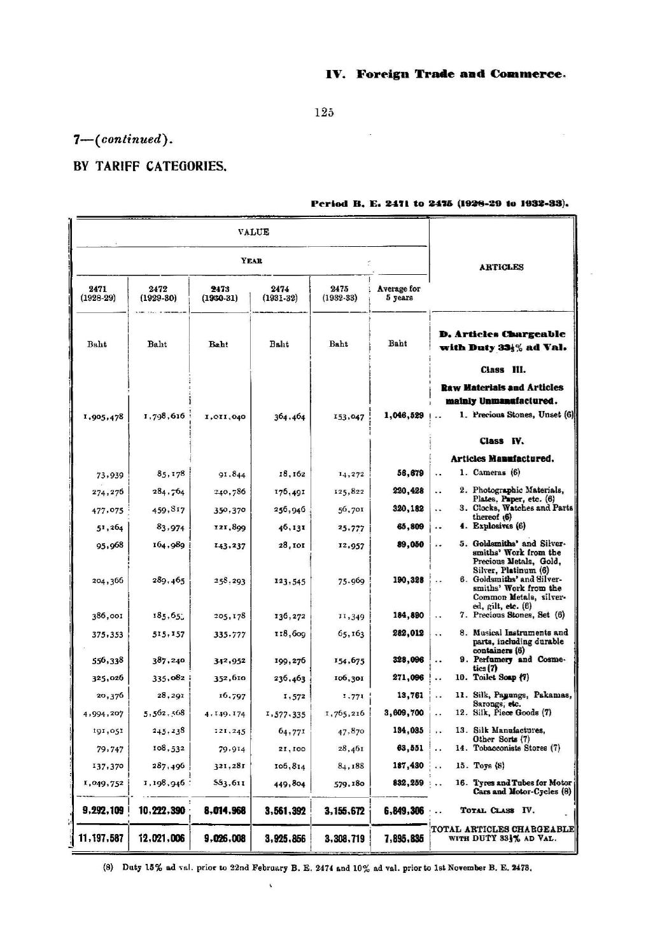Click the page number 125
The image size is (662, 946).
[324, 113]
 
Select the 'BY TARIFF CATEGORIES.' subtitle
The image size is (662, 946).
[150, 167]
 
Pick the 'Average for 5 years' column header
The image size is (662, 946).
[398, 293]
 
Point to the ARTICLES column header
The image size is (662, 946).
[501, 267]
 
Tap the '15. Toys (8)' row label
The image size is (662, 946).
[488, 765]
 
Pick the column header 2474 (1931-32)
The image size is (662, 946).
[279, 293]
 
